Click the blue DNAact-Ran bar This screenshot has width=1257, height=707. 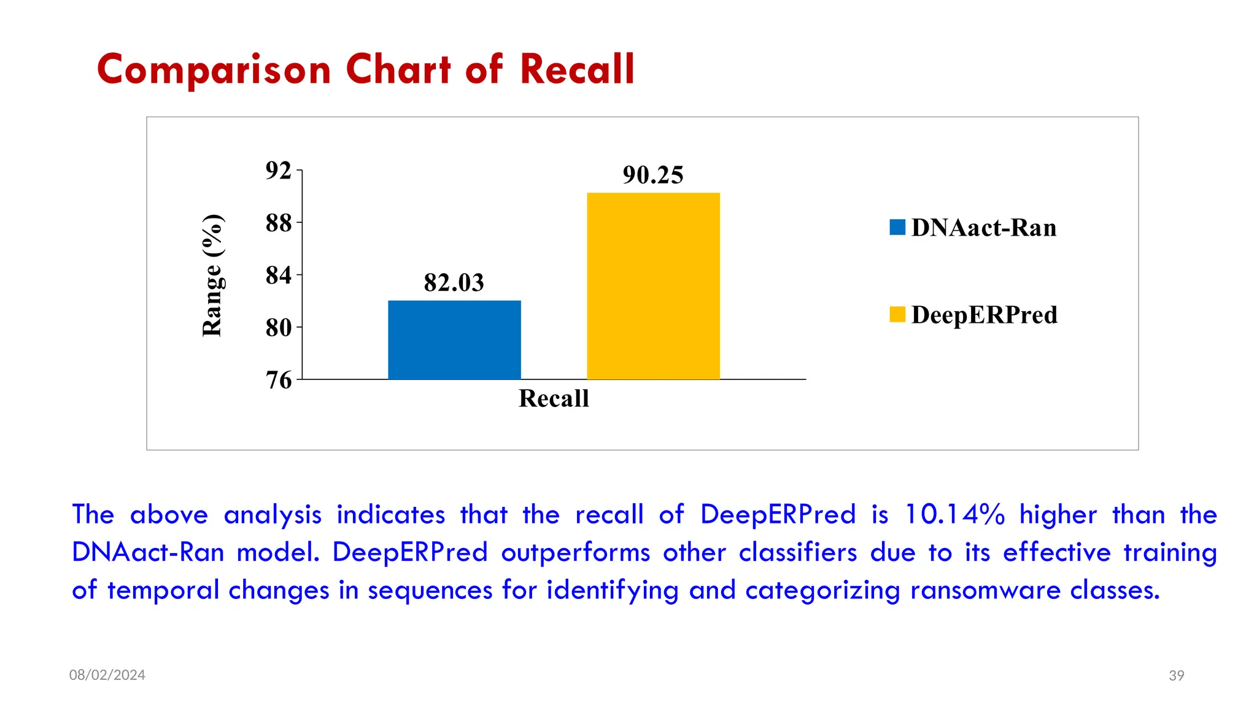coord(454,340)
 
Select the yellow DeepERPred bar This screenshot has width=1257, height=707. coord(653,286)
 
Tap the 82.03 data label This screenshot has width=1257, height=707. coord(454,283)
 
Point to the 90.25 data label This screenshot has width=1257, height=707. coord(652,176)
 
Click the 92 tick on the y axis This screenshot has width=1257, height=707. coord(278,171)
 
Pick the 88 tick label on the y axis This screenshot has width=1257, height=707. coord(278,223)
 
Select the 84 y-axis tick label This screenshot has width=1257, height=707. coord(278,276)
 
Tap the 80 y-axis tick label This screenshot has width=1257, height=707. coord(278,328)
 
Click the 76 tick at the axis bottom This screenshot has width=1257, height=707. coord(278,380)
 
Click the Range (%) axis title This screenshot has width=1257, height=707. coord(212,276)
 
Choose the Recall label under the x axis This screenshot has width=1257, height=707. coord(554,399)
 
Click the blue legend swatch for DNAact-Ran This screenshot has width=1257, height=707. coord(897,228)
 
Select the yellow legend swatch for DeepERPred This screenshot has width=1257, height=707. coord(897,315)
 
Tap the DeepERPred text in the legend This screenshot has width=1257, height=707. coord(984,315)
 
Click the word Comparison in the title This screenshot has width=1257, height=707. coord(214,69)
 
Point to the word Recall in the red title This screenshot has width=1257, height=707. coord(577,69)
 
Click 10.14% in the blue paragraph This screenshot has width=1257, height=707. coord(954,514)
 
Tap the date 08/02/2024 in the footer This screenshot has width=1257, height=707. coord(107,675)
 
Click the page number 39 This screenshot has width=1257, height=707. coord(1176,676)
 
